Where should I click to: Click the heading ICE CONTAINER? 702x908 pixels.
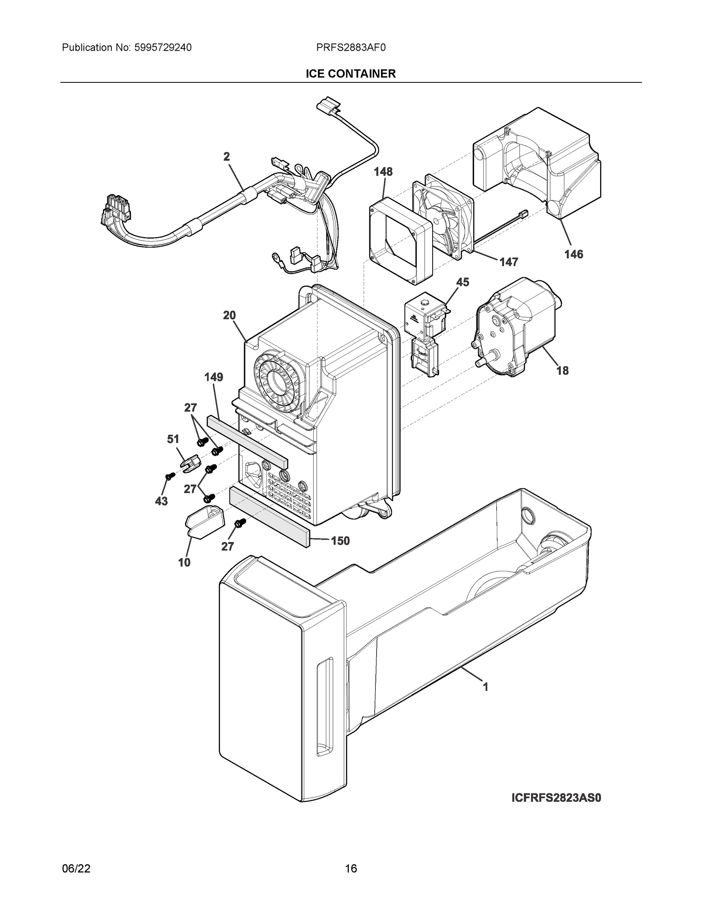tap(350, 74)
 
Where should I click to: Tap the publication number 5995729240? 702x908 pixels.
tap(163, 48)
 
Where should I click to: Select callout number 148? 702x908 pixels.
tap(383, 172)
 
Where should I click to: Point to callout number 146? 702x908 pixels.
tap(573, 255)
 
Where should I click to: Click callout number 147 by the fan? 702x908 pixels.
tap(509, 262)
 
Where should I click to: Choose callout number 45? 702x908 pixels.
tap(462, 282)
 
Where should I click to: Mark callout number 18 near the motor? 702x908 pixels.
tap(562, 370)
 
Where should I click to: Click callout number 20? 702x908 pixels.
tap(229, 316)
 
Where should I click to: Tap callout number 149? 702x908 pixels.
tap(213, 377)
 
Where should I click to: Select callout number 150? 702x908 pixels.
tap(340, 541)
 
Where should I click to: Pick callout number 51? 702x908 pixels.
tap(173, 439)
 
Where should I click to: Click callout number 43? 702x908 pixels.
tap(161, 501)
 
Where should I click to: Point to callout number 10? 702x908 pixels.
tap(184, 563)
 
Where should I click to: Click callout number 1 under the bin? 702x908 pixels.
tap(485, 687)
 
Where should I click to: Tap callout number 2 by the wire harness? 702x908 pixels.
tap(227, 157)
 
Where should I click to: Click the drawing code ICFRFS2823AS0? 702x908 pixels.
tap(556, 798)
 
